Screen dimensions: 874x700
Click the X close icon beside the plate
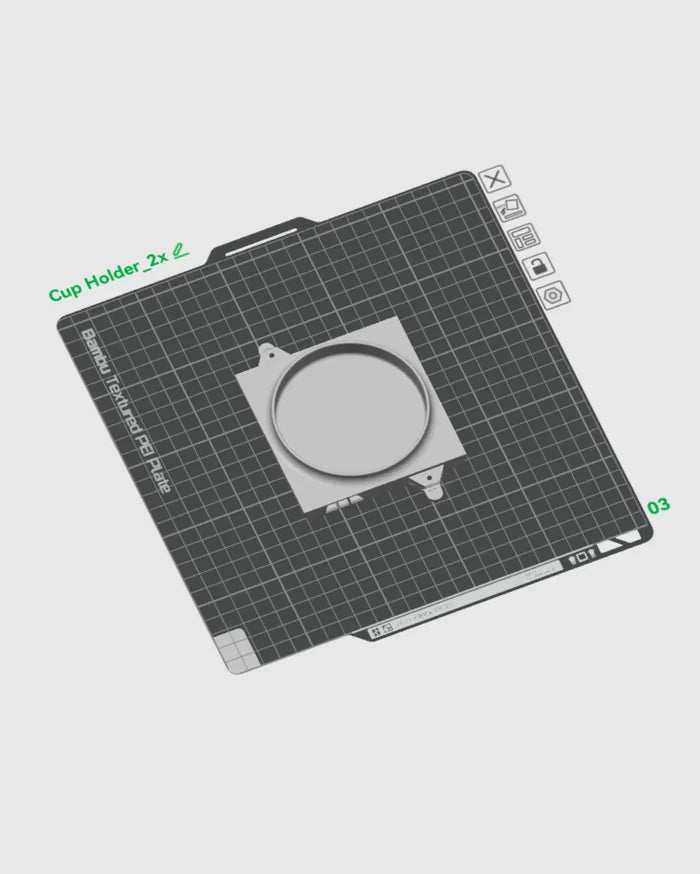tap(495, 180)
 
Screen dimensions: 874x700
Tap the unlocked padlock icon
tap(538, 266)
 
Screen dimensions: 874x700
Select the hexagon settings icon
tap(554, 295)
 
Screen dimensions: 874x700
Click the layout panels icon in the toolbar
tap(523, 237)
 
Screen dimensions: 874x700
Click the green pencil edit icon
tap(180, 251)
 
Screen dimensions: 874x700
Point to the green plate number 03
tap(659, 506)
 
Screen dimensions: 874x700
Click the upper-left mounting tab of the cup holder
tap(269, 353)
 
